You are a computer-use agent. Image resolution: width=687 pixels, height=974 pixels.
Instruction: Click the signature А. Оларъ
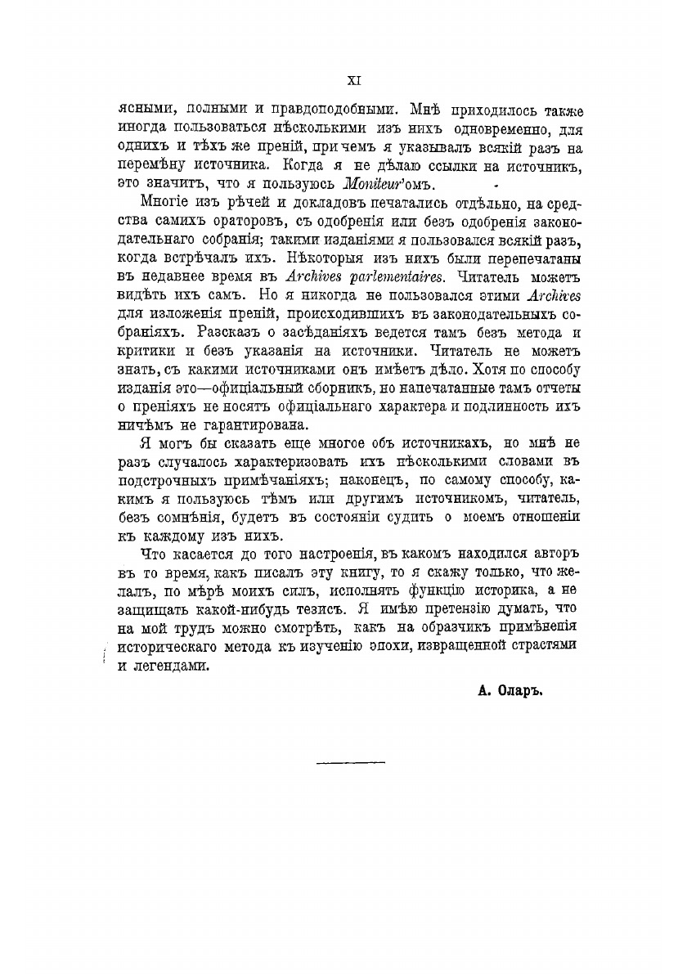click(510, 689)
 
